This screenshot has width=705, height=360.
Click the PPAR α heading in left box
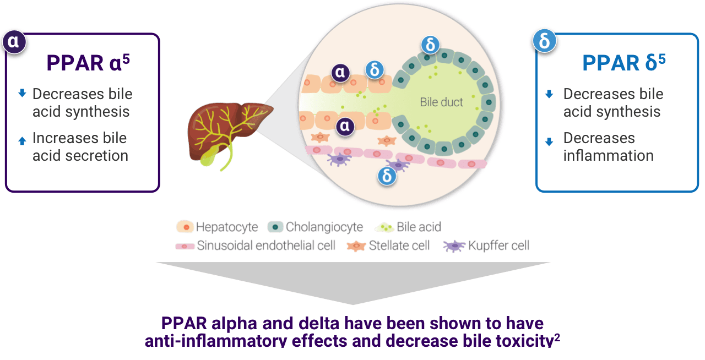coord(88,63)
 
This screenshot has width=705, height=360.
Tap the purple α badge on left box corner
coord(14,42)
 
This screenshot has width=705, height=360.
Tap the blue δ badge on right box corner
coord(545,41)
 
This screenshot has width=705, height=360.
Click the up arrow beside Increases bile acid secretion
coord(22,141)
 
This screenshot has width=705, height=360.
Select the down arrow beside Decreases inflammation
coord(549,141)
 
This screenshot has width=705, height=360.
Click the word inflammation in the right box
coord(608,156)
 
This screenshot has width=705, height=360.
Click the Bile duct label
coord(441,102)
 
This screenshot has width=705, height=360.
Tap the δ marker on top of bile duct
coord(430,45)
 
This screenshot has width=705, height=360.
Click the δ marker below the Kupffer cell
coord(387,176)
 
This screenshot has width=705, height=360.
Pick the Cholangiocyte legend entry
coord(315,227)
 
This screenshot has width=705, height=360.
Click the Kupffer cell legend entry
coord(486,246)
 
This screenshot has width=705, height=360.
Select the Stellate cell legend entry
coord(388,246)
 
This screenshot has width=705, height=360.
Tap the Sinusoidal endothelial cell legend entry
coord(255,246)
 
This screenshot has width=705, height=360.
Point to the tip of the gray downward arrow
coord(353,304)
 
